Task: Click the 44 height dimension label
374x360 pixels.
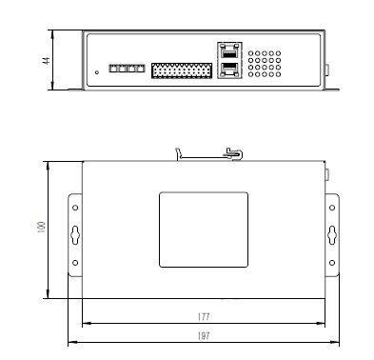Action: click(46, 60)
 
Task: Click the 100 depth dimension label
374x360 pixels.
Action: click(42, 228)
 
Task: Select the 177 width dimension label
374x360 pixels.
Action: click(204, 316)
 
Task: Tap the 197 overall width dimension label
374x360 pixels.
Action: click(204, 335)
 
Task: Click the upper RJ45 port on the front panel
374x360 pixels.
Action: click(229, 51)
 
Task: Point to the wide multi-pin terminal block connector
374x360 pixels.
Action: click(182, 70)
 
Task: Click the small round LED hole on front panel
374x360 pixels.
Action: click(97, 72)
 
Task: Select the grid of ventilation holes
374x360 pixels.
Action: click(265, 64)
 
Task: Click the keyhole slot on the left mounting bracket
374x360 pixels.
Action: click(75, 235)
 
